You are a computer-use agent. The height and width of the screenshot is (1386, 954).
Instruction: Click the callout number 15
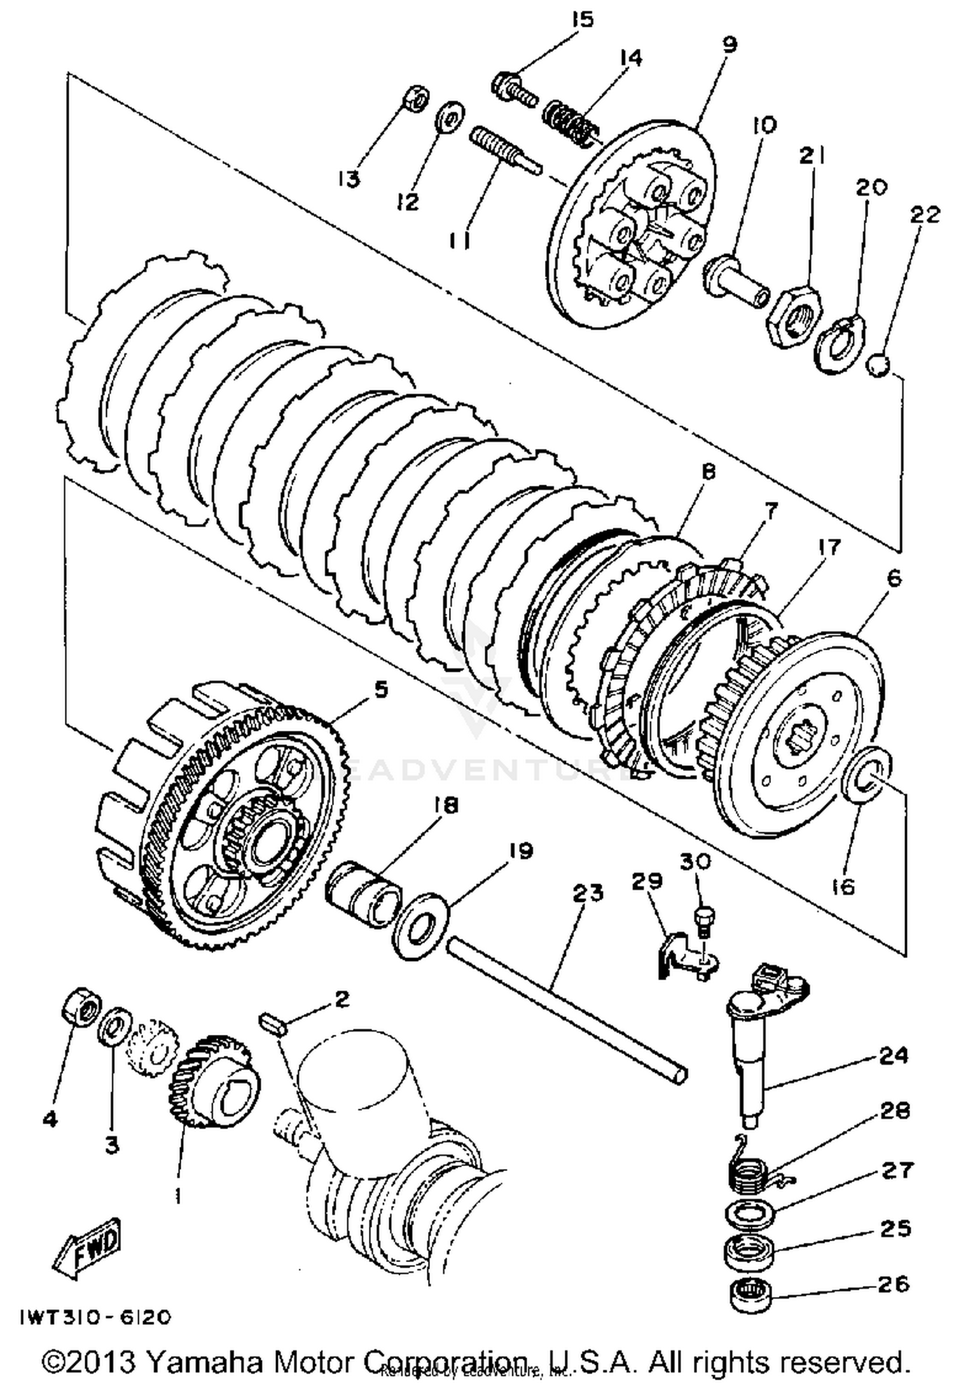pyautogui.click(x=582, y=18)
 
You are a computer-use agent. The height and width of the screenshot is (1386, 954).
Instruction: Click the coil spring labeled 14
pyautogui.click(x=569, y=120)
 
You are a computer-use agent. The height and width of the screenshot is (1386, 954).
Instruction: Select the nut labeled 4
pyautogui.click(x=81, y=1008)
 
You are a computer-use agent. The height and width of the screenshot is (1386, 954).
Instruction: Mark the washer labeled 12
pyautogui.click(x=450, y=115)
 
